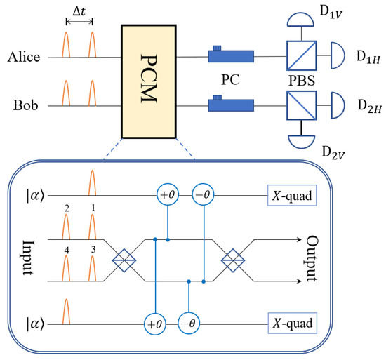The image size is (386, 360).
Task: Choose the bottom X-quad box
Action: pyautogui.click(x=291, y=324)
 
